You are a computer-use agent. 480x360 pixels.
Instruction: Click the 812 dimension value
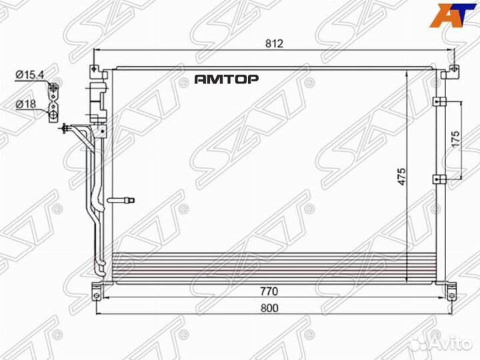[275, 44]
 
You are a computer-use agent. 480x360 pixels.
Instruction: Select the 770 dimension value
[269, 291]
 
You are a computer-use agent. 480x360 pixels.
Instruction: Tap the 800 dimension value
[269, 308]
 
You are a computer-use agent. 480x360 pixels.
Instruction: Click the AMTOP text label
[226, 79]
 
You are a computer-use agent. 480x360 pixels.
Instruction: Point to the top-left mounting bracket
[97, 69]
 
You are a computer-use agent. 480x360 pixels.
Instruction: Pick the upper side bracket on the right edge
[439, 101]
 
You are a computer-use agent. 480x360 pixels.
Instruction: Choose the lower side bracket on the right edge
[439, 178]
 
